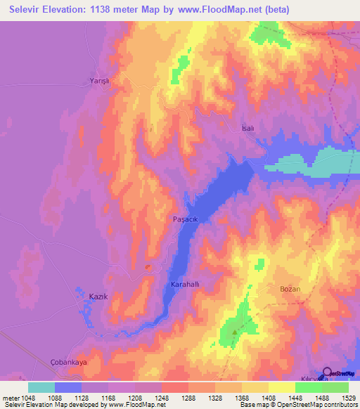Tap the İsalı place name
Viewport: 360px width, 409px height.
click(247, 129)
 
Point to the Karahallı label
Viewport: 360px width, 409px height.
click(187, 285)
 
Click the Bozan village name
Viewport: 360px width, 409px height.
click(290, 290)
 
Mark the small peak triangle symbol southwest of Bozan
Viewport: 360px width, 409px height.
click(236, 325)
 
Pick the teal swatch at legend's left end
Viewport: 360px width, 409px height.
click(41, 387)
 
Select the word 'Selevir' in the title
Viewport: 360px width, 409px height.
click(30, 11)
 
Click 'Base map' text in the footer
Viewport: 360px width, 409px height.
click(255, 405)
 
